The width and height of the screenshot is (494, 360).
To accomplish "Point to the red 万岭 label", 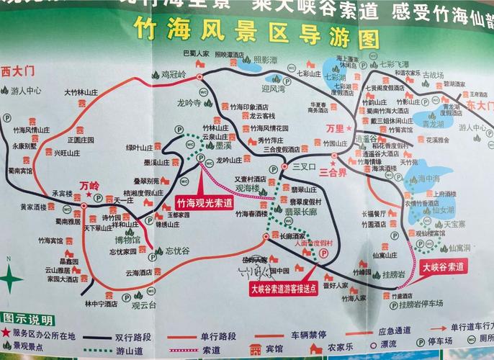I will point(89,185).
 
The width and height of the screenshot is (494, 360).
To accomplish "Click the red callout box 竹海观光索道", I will point(204,204).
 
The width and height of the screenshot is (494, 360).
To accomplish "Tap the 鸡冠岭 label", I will point(173,73).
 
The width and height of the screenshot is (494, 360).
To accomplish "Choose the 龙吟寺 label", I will point(189,102).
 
